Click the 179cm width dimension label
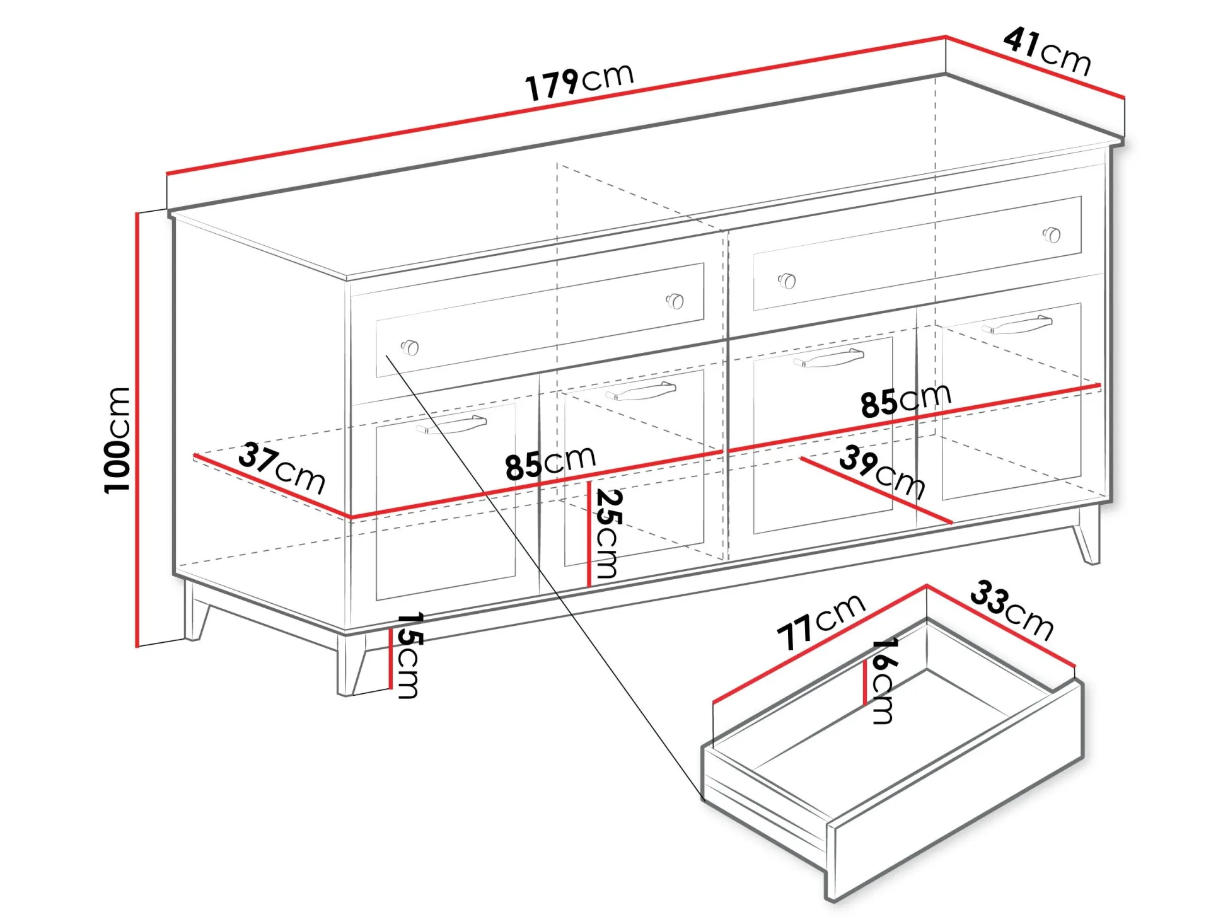pyautogui.click(x=579, y=81)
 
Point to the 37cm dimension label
pyautogui.click(x=282, y=468)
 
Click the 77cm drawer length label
pyautogui.click(x=821, y=621)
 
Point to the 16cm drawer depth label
pyautogui.click(x=883, y=681)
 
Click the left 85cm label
pyautogui.click(x=550, y=463)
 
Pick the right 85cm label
pyautogui.click(x=906, y=400)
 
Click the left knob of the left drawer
pyautogui.click(x=410, y=347)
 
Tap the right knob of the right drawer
pyautogui.click(x=1052, y=234)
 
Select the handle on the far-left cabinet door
pyautogui.click(x=451, y=424)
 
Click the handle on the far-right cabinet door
pyautogui.click(x=1017, y=324)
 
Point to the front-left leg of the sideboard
pyautogui.click(x=351, y=663)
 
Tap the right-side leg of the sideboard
pyautogui.click(x=1087, y=534)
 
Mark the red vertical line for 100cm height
pyautogui.click(x=137, y=430)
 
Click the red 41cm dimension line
pyautogui.click(x=1035, y=67)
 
